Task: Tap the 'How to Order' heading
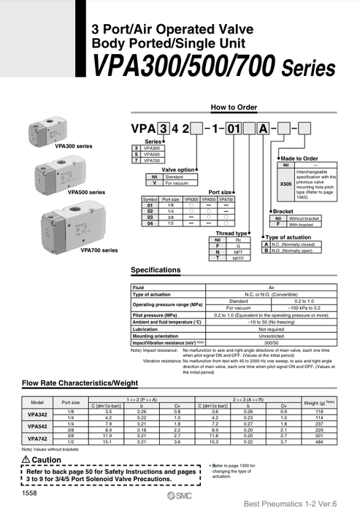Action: [234, 107]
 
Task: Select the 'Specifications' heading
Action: [155, 270]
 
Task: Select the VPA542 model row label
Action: [37, 426]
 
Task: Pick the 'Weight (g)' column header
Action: [318, 402]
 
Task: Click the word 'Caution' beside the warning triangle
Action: [47, 460]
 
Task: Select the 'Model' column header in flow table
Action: [37, 402]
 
